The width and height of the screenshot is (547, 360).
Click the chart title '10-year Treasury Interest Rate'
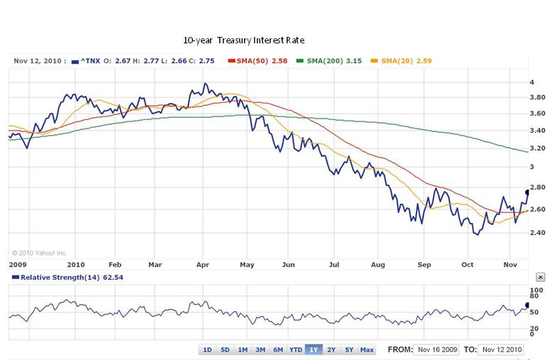(243, 40)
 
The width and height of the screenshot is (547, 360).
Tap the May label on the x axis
(247, 264)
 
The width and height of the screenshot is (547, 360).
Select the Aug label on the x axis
(377, 264)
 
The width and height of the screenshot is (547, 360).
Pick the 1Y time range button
(314, 349)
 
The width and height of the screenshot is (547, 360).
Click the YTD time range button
(295, 349)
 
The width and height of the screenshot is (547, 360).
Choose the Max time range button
(366, 349)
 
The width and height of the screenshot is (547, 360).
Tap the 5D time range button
(225, 349)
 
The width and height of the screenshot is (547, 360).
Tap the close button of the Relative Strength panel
(540, 277)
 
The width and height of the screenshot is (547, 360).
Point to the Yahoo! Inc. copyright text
(39, 252)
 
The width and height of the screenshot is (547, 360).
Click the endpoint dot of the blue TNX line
(528, 192)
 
